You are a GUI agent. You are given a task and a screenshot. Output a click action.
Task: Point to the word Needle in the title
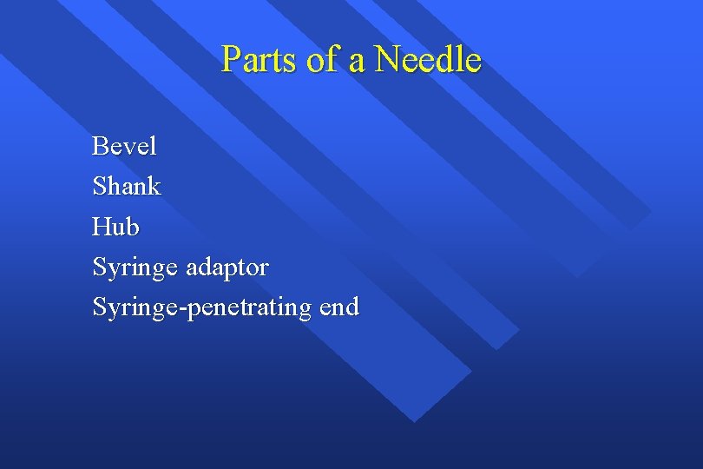click(427, 60)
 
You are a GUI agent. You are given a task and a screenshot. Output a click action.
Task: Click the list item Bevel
click(124, 146)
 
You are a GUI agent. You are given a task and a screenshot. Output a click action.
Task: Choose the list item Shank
click(126, 186)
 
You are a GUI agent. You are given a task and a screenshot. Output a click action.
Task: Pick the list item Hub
click(115, 227)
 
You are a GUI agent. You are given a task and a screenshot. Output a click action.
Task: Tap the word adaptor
click(228, 268)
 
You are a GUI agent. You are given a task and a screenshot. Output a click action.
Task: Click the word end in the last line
click(338, 307)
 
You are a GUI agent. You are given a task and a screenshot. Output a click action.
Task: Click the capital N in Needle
click(386, 60)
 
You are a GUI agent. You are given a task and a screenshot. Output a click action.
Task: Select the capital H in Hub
click(102, 227)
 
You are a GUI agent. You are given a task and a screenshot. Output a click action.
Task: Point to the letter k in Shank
click(153, 186)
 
